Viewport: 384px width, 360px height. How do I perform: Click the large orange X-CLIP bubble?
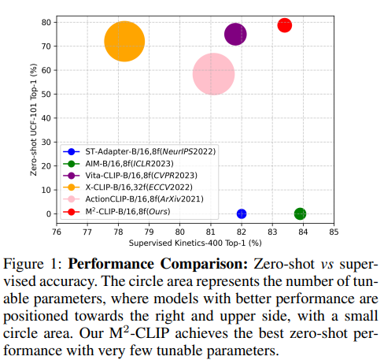coord(124,42)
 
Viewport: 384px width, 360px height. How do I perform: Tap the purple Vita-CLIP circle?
coord(235,34)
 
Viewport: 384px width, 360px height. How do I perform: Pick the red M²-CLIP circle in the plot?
coord(284,25)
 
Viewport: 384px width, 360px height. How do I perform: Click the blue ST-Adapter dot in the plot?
coord(242,213)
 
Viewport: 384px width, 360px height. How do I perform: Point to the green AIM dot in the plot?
coord(300,213)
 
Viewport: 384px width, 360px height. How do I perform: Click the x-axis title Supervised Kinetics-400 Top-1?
coord(194,243)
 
